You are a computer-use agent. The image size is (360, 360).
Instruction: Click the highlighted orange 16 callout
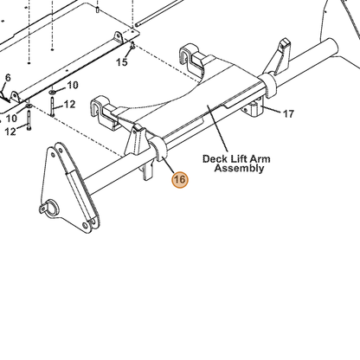click(179, 179)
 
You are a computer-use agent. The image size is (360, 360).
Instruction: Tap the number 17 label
click(288, 114)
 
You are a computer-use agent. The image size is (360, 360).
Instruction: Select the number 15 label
click(122, 62)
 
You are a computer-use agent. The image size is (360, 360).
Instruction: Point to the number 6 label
click(8, 78)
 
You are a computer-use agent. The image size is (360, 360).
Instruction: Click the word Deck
click(214, 159)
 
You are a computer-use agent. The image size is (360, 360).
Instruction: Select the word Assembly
click(239, 168)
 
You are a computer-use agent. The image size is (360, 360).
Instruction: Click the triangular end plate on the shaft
click(69, 188)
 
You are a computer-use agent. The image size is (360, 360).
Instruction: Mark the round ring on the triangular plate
click(51, 208)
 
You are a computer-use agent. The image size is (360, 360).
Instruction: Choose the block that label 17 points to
click(254, 108)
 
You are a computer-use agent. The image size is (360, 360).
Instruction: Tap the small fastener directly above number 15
click(132, 45)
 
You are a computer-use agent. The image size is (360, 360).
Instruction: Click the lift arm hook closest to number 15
click(192, 59)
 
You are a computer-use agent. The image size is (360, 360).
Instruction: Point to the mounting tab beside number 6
click(15, 97)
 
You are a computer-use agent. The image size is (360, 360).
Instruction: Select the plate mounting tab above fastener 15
click(119, 37)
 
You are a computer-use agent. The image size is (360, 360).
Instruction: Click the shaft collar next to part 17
click(268, 85)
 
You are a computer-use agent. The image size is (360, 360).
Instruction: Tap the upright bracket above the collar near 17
click(279, 58)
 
